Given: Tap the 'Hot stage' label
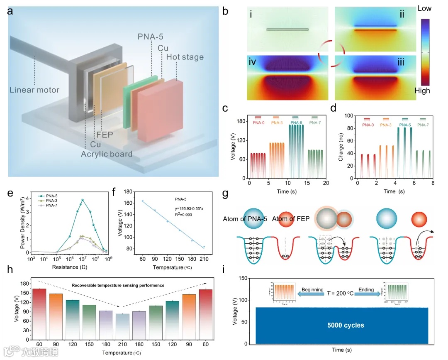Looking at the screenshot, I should pos(185,57).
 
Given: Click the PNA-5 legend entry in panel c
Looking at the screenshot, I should pos(297,121).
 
